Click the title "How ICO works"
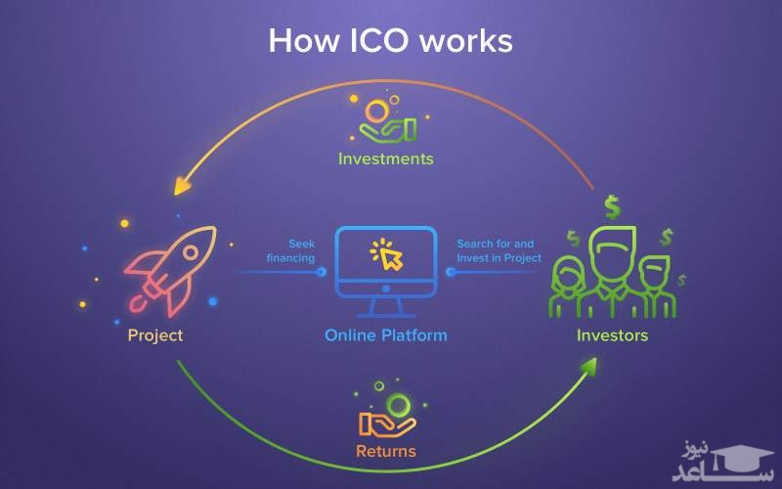pos(390,41)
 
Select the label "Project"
pos(154,335)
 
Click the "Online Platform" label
pos(386,335)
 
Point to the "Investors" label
pos(612,335)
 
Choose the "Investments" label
pos(385,157)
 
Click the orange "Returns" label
pos(386,451)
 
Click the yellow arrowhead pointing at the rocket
pos(182,185)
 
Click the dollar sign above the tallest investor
pos(612,205)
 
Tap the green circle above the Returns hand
pos(398,404)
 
